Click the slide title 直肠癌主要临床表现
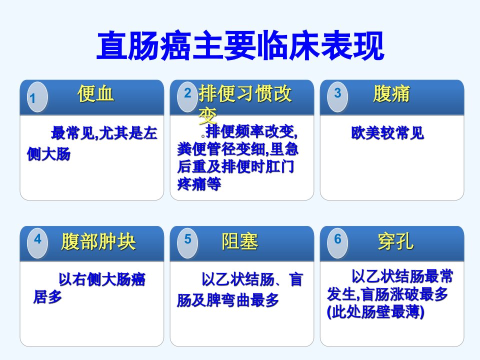tap(240, 45)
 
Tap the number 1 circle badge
tap(37, 97)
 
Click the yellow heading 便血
tap(96, 93)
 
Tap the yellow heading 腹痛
tap(391, 93)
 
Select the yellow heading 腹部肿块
tap(98, 241)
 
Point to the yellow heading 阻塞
tap(239, 241)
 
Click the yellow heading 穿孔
tap(396, 241)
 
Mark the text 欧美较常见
tap(387, 133)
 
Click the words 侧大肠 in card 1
tap(48, 154)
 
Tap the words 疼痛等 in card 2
tap(199, 184)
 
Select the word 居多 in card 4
tap(48, 296)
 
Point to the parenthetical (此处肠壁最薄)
tap(375, 312)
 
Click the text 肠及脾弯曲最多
tap(228, 300)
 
